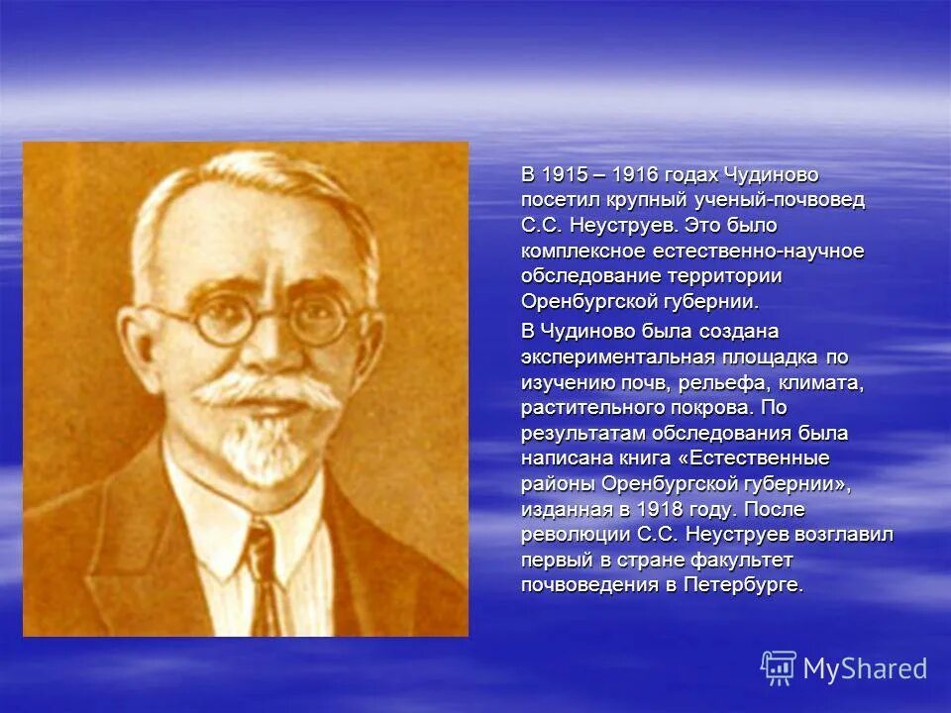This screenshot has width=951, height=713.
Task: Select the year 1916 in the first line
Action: [x=639, y=174]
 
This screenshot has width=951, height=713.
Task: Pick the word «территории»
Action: [x=731, y=276]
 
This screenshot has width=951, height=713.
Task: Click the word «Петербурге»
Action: [x=752, y=585]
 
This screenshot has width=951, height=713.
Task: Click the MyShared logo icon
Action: [x=779, y=667]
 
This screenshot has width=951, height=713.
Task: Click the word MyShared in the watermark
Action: [x=865, y=668]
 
